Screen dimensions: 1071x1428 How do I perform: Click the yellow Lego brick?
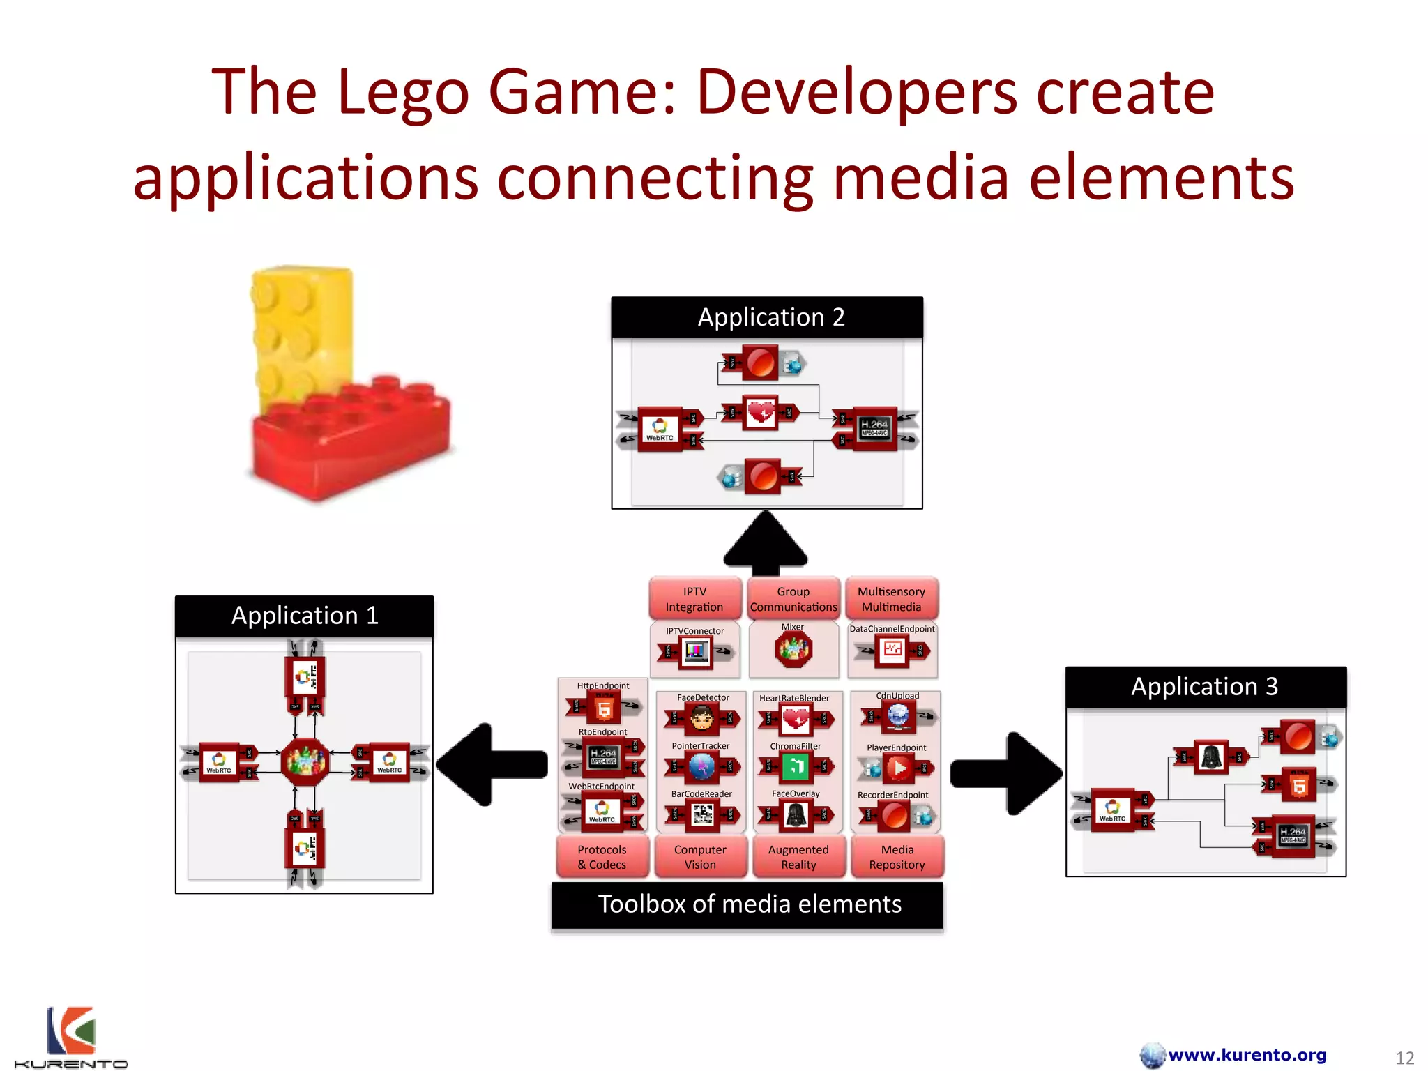(x=301, y=328)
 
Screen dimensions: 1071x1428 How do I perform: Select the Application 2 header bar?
(x=767, y=318)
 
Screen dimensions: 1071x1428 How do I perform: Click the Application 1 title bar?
(x=304, y=616)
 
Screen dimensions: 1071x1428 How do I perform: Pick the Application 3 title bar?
(x=1206, y=688)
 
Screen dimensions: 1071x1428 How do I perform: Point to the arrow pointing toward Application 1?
(x=492, y=764)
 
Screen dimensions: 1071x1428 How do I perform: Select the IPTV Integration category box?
(x=694, y=599)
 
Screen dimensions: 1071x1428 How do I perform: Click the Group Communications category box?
(x=793, y=599)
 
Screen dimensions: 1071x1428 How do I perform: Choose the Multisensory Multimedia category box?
(x=892, y=599)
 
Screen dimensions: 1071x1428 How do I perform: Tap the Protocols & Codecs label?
(x=602, y=857)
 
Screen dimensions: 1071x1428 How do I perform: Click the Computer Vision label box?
(x=700, y=857)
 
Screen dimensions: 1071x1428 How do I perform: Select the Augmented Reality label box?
(x=798, y=857)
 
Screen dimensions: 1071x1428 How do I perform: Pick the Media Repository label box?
(x=897, y=857)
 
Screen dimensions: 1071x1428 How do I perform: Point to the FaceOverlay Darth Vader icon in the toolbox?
(x=796, y=814)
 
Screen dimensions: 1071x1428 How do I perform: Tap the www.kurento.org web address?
(x=1247, y=1055)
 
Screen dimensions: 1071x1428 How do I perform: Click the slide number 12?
(x=1404, y=1058)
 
